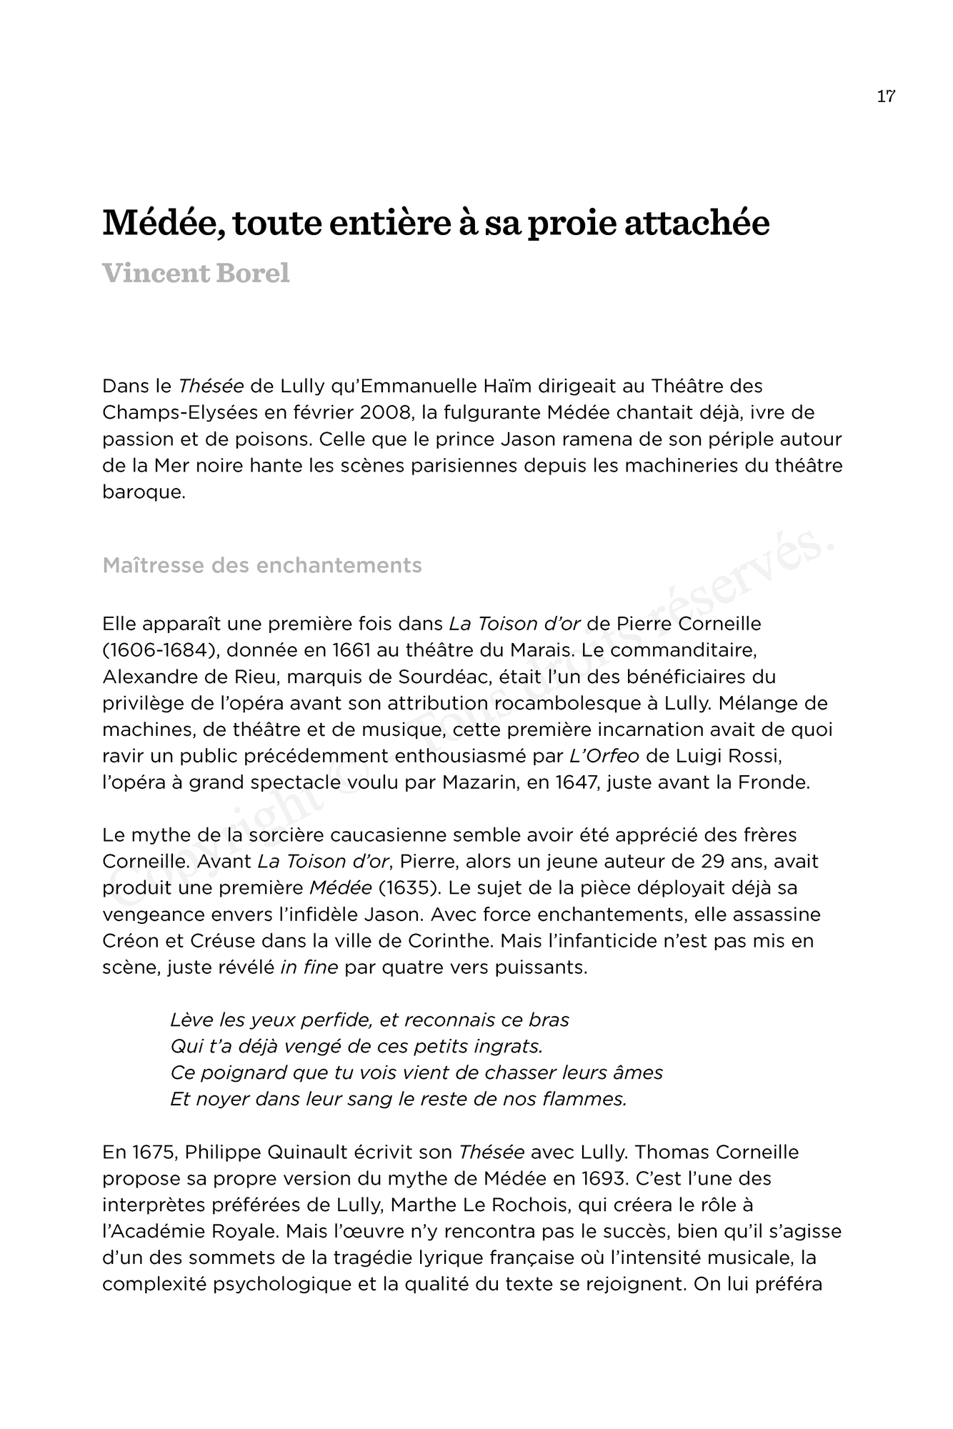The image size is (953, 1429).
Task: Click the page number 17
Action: click(x=886, y=96)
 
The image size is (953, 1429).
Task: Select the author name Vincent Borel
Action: click(x=196, y=274)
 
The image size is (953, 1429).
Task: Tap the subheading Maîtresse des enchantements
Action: click(x=261, y=565)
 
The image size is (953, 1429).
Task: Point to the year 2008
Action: click(x=386, y=413)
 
